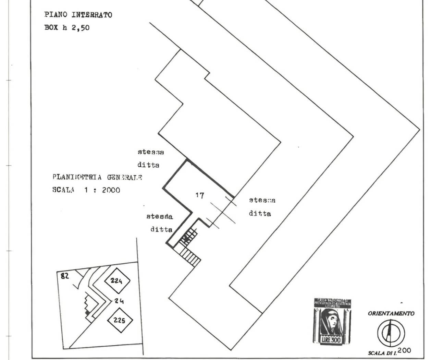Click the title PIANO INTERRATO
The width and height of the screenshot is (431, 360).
pos(78,15)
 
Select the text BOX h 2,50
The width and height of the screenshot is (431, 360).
pos(67,28)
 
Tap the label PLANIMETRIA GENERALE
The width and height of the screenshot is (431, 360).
pos(97,177)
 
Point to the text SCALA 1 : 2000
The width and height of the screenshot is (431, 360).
pos(86,190)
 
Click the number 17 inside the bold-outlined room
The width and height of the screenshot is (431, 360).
pos(200,196)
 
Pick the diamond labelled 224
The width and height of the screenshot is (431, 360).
pos(117,281)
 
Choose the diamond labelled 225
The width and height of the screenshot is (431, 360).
pos(120,321)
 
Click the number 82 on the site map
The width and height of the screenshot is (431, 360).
pos(64,275)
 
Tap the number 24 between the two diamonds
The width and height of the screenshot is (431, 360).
pos(119,301)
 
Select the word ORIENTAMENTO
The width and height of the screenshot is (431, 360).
pos(391,313)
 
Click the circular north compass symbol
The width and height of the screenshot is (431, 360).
pos(391,332)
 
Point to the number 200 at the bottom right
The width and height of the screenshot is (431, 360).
pos(404,350)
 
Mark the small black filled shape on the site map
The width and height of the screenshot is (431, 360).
pos(87,313)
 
